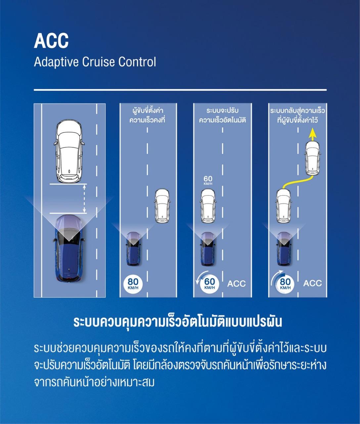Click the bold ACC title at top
51,41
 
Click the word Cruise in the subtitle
102,62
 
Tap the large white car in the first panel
69,151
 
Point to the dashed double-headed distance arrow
84,199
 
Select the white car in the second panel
162,205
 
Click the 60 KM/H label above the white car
208,181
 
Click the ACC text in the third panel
237,284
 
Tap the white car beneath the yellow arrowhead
312,157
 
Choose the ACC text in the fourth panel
312,283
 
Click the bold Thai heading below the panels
178,322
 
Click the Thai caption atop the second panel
147,115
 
